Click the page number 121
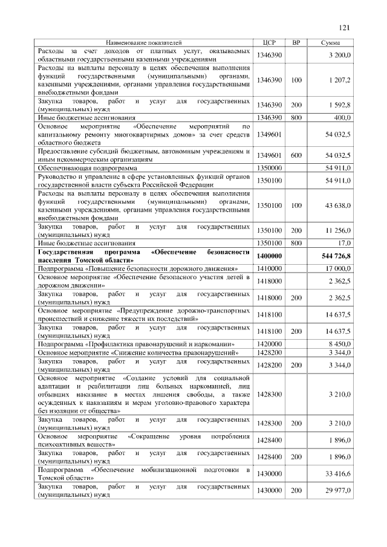345,27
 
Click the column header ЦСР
270,43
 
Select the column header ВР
296,43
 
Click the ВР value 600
296,155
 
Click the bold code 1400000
270,256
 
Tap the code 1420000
270,343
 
